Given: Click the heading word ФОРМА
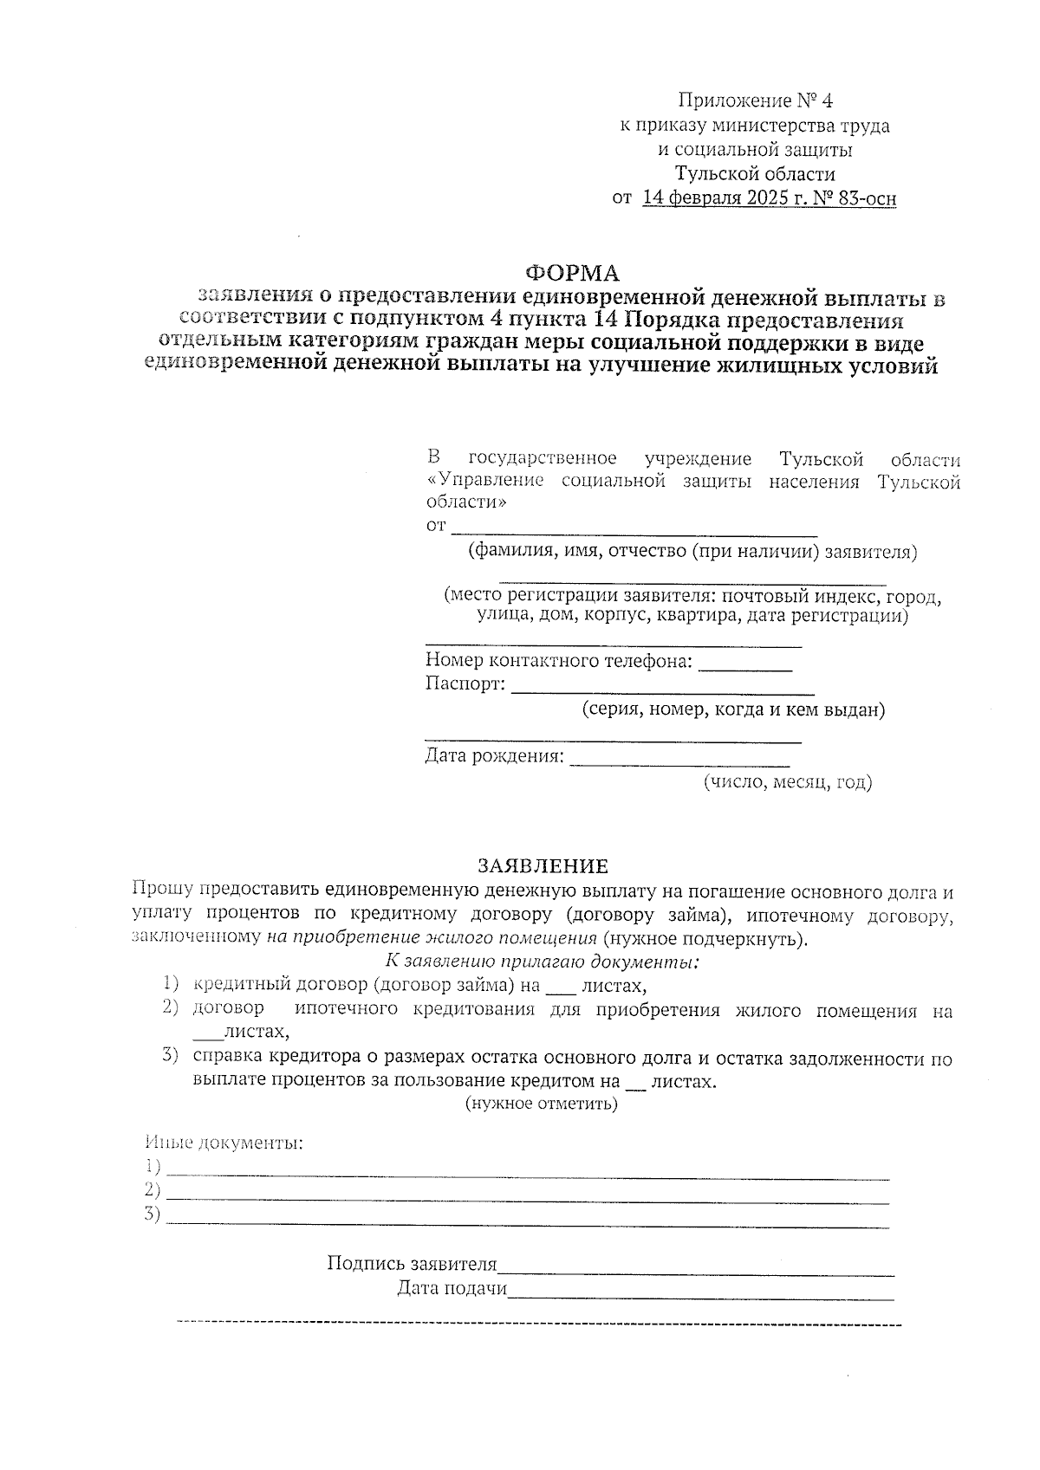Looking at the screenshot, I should [572, 274].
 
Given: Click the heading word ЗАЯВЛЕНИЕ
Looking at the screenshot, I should [543, 866].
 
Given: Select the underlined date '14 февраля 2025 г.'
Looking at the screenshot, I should [721, 198].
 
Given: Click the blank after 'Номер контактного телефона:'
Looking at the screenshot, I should [744, 665].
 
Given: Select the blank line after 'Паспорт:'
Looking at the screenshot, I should [662, 689].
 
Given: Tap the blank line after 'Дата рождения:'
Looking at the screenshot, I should [679, 761].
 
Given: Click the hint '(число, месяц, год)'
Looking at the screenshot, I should [787, 782].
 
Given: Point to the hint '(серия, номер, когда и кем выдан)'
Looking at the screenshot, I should [733, 710].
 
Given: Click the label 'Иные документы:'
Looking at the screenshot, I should [224, 1142].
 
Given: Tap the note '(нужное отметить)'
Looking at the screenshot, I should [542, 1104].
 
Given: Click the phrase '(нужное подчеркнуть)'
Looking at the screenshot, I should [705, 938].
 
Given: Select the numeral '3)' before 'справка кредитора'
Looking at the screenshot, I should [170, 1055].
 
